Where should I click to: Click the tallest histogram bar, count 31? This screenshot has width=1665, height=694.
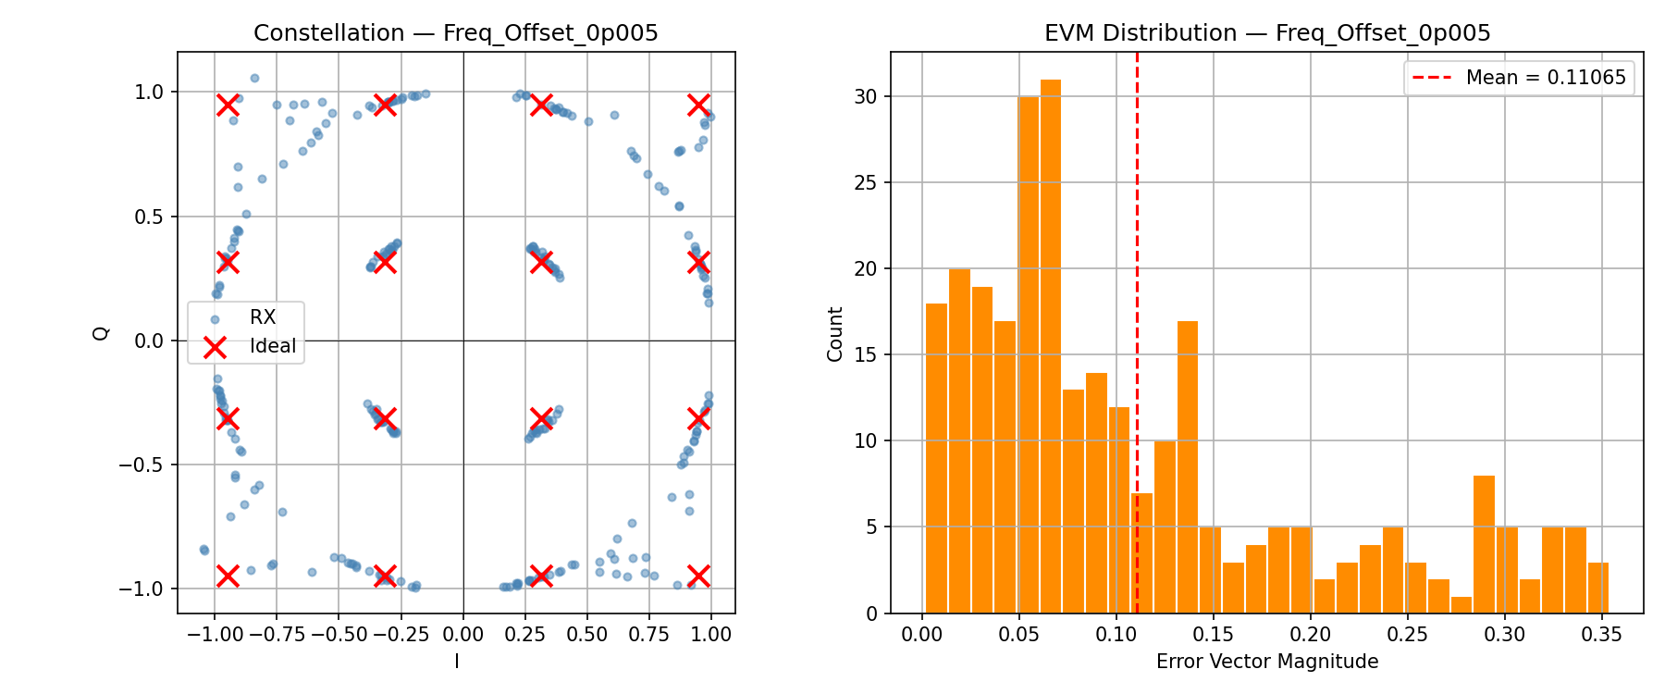[x=1050, y=347]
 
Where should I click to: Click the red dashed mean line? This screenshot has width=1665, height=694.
[x=1137, y=278]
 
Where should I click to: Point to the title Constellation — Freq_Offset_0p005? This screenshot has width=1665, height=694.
[x=456, y=33]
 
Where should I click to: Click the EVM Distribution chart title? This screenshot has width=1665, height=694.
[x=1266, y=33]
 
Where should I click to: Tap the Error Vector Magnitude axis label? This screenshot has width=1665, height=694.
[x=1266, y=662]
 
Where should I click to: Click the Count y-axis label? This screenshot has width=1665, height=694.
[x=835, y=334]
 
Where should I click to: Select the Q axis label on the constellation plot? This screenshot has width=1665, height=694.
[x=102, y=333]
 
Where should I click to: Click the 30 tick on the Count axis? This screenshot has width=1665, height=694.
[x=867, y=97]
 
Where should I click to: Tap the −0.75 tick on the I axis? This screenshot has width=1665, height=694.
[x=277, y=635]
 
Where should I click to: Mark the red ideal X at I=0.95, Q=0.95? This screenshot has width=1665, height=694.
[x=698, y=105]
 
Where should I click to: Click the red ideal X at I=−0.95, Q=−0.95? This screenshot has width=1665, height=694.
[x=228, y=576]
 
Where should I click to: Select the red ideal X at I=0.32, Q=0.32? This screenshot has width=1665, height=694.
[x=542, y=262]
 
